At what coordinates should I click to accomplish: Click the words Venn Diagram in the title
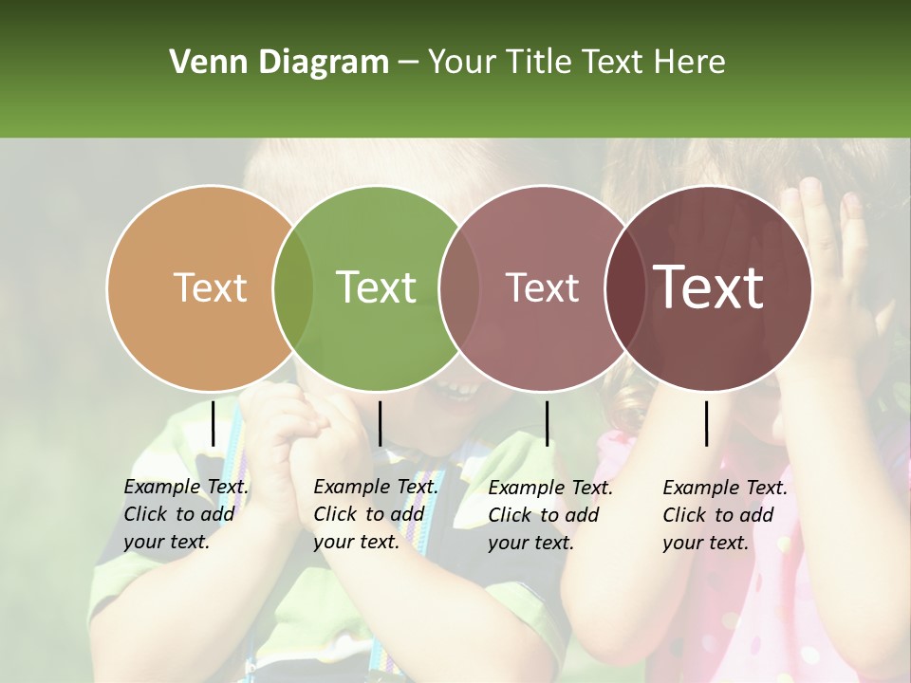(279, 63)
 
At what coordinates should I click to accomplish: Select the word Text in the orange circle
(210, 287)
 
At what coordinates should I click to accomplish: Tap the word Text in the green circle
(376, 287)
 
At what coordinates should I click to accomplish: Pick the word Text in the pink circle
(542, 287)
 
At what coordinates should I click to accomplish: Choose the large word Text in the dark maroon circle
(708, 287)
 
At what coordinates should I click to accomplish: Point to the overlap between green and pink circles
(459, 287)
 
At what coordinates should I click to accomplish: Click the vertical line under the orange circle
(213, 423)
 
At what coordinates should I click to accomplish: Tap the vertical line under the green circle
(380, 423)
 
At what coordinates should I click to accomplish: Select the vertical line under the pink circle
(547, 423)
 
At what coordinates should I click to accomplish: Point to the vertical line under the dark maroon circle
(706, 423)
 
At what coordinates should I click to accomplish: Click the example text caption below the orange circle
(185, 514)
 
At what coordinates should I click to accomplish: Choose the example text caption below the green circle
(375, 514)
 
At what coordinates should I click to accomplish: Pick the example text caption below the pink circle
(549, 515)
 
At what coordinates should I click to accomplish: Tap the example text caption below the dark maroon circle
(724, 515)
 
